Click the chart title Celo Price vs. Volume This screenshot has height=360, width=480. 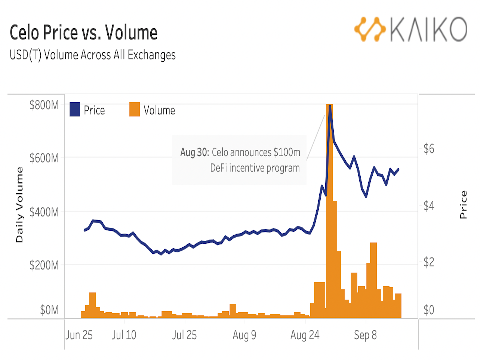click(x=83, y=33)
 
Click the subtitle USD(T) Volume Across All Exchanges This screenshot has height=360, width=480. click(x=92, y=55)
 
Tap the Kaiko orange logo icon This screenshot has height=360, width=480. click(x=370, y=29)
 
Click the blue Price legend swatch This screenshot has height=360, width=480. click(x=75, y=109)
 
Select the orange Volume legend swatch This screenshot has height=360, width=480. click(x=134, y=109)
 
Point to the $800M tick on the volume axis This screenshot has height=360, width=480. click(x=44, y=105)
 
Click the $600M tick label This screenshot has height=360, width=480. click(x=44, y=158)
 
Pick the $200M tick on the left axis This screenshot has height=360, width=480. click(x=44, y=265)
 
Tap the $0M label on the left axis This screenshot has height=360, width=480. click(x=49, y=310)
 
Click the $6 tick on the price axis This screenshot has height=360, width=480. click(x=429, y=149)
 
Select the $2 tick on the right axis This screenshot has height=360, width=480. click(x=429, y=262)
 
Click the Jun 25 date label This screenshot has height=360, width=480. click(x=79, y=335)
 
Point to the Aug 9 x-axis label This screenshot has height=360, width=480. click(x=244, y=335)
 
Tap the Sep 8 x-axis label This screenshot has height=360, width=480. click(x=365, y=335)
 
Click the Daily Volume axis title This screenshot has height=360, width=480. click(x=19, y=205)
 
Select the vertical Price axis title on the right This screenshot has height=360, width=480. click(x=463, y=205)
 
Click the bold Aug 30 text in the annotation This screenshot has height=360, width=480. click(x=194, y=152)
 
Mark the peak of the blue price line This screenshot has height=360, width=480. click(x=330, y=106)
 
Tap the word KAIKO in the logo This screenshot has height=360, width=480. click(x=429, y=29)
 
